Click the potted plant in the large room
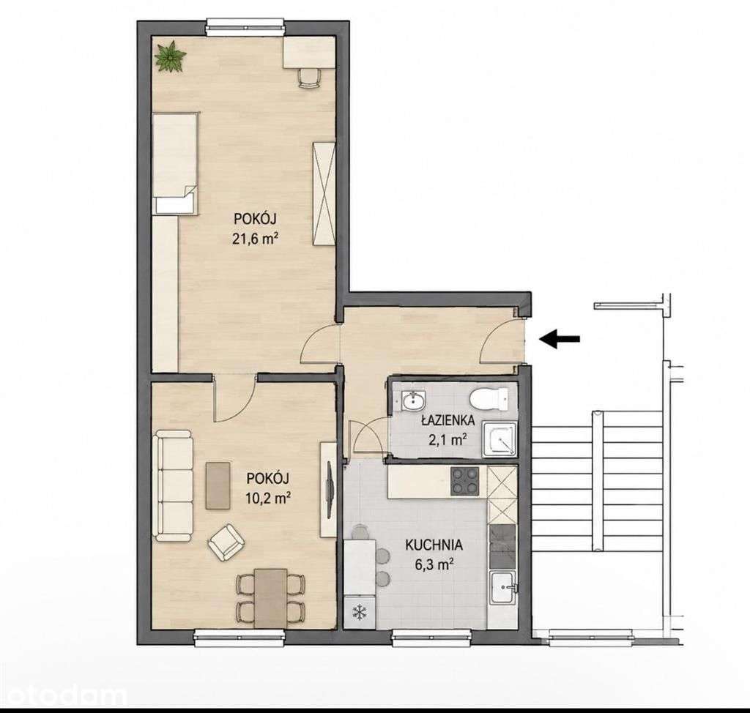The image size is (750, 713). point(170,57)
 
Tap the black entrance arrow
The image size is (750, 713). point(560,339)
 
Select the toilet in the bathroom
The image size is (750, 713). point(489,398)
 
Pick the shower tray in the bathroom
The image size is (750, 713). point(500,438)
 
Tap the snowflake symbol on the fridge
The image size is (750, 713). point(359,613)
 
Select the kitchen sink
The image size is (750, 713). point(502,594)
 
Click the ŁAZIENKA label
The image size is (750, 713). point(448,421)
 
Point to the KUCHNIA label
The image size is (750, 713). point(434,545)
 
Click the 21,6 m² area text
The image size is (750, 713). point(256,238)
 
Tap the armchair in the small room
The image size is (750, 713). point(226,542)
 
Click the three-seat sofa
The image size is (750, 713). point(174,486)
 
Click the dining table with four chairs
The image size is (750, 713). point(271,598)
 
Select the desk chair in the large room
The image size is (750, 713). point(308,78)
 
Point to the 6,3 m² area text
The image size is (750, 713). point(434,564)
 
